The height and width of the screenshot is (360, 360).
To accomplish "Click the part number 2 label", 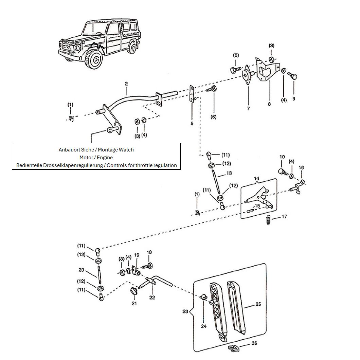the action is coord(126,84).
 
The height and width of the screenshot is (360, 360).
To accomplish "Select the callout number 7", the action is coord(248,108).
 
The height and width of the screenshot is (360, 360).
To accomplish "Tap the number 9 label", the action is coord(294,99).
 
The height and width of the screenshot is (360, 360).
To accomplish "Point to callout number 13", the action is coord(229,173).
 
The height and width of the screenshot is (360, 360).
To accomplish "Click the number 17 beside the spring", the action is coord(284,216).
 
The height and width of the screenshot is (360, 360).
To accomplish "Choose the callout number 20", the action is coord(81,270).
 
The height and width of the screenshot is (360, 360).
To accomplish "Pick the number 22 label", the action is coord(152,298).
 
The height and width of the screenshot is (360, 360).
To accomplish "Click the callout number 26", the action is coord(254,343).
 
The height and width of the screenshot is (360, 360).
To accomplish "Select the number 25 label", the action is coord(258,304).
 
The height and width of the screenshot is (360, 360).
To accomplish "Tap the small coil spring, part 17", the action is coord(268,220).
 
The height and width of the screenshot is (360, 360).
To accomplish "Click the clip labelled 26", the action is coord(234,348).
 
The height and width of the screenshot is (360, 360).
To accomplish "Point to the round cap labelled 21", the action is coord(133,291).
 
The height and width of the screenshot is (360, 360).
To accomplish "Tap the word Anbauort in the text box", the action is coord(68,150).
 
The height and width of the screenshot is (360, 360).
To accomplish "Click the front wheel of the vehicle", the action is coord(95,59).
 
